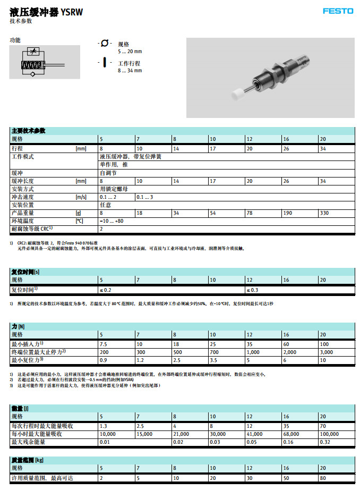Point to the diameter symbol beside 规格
105,43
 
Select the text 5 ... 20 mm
130,52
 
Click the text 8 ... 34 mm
130,70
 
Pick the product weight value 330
324,213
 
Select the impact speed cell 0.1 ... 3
144,197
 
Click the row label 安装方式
23,189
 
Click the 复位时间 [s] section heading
26,272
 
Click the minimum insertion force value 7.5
104,344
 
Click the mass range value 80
322,479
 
